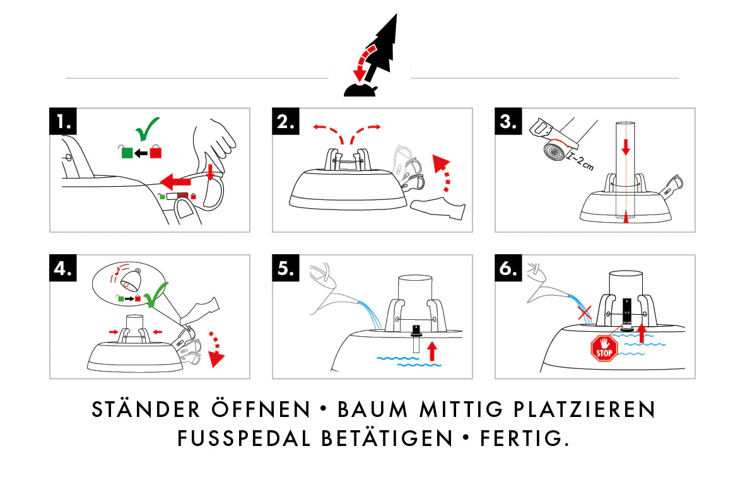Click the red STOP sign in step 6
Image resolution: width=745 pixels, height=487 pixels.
tap(604, 347)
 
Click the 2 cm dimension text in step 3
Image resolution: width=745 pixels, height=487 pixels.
tap(581, 162)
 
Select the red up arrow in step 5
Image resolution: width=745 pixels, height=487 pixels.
tap(432, 351)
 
